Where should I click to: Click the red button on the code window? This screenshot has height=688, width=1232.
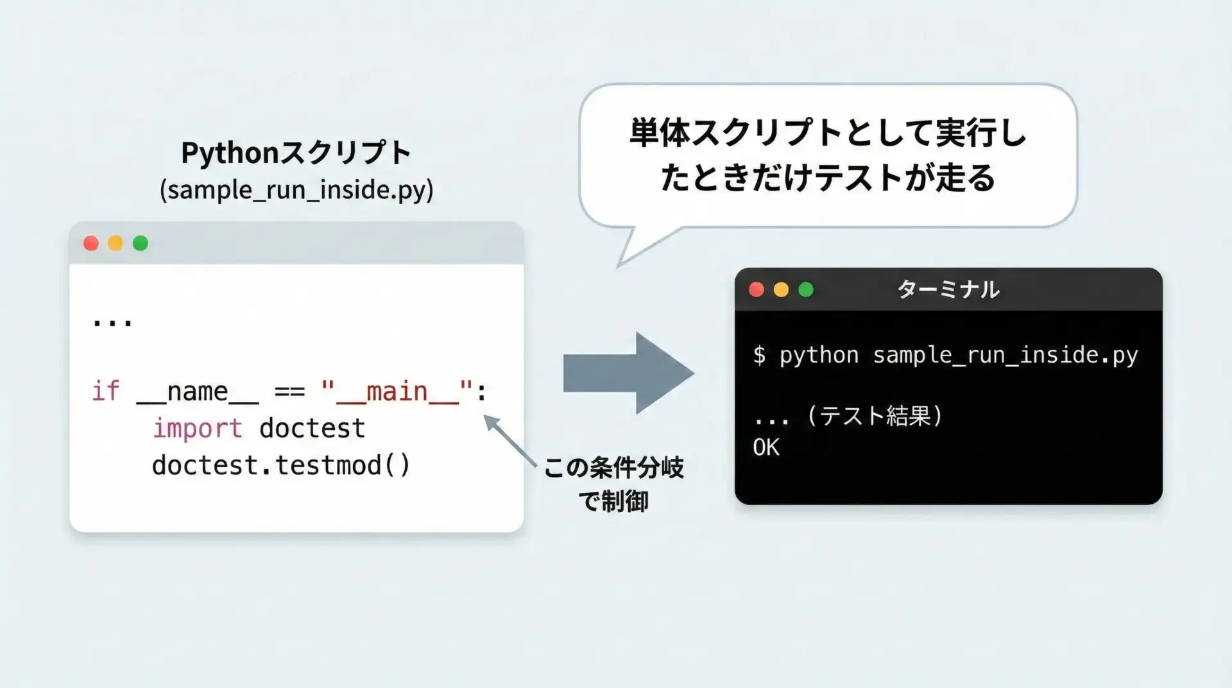click(91, 243)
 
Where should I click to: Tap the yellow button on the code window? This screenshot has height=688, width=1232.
click(116, 243)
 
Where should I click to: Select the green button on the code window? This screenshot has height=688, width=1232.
click(141, 243)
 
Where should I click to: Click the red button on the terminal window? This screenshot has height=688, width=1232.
click(757, 289)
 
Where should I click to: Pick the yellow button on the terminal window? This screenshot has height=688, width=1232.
click(781, 289)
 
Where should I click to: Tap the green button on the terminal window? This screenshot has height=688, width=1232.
click(806, 289)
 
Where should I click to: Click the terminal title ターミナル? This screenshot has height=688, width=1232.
click(948, 289)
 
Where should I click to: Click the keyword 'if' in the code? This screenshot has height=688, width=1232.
click(106, 391)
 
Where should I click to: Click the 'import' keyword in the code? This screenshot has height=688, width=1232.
click(198, 428)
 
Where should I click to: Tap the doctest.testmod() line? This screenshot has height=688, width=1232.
click(281, 465)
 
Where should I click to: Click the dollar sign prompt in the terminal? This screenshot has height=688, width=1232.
click(760, 355)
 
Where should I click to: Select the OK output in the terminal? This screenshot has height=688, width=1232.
click(766, 447)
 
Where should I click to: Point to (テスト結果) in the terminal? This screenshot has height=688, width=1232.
click(875, 416)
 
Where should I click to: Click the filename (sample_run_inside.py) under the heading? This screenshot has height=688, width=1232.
click(296, 190)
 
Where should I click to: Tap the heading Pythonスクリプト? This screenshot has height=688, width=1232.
click(296, 153)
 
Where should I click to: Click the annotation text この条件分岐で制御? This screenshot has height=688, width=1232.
click(614, 484)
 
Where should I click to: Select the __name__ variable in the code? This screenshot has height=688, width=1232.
click(198, 391)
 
